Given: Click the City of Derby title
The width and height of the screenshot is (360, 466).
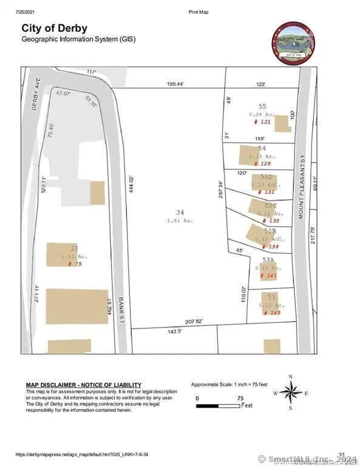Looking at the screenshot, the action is pos(54,28).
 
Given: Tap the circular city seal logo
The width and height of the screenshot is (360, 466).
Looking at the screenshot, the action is pos(293,43).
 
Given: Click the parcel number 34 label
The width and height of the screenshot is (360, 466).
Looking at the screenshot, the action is pos(180,212).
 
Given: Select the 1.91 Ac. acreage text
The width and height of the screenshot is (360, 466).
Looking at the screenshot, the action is pos(180,220).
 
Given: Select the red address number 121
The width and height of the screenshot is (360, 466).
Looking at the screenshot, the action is pos(263,122).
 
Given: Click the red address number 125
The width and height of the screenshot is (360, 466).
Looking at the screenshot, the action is pos(262,164).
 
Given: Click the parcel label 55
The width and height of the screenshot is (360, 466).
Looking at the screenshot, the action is pos(262,106).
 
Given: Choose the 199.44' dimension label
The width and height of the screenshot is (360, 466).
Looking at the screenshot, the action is pos(176,84).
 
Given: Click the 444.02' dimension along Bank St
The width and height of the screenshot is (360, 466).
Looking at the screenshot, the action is pos(129,186).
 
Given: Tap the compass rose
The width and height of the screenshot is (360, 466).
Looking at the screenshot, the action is pos(291,392).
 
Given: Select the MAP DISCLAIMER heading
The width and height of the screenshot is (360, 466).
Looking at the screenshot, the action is pos(83,385).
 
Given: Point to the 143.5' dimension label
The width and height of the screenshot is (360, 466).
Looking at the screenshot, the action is pos(175,332).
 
